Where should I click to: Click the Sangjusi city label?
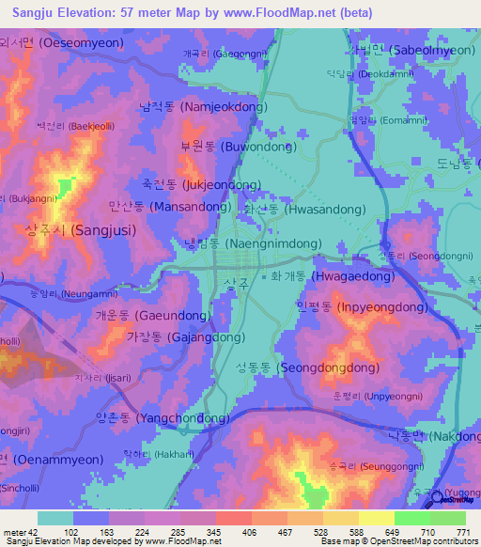(80, 229)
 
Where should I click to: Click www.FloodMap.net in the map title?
(284, 13)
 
